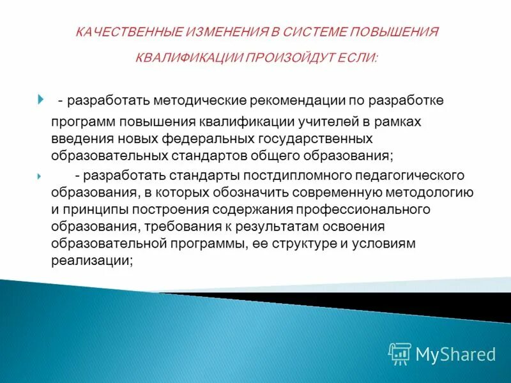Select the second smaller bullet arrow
click(40, 176)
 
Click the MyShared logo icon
click(400, 353)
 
